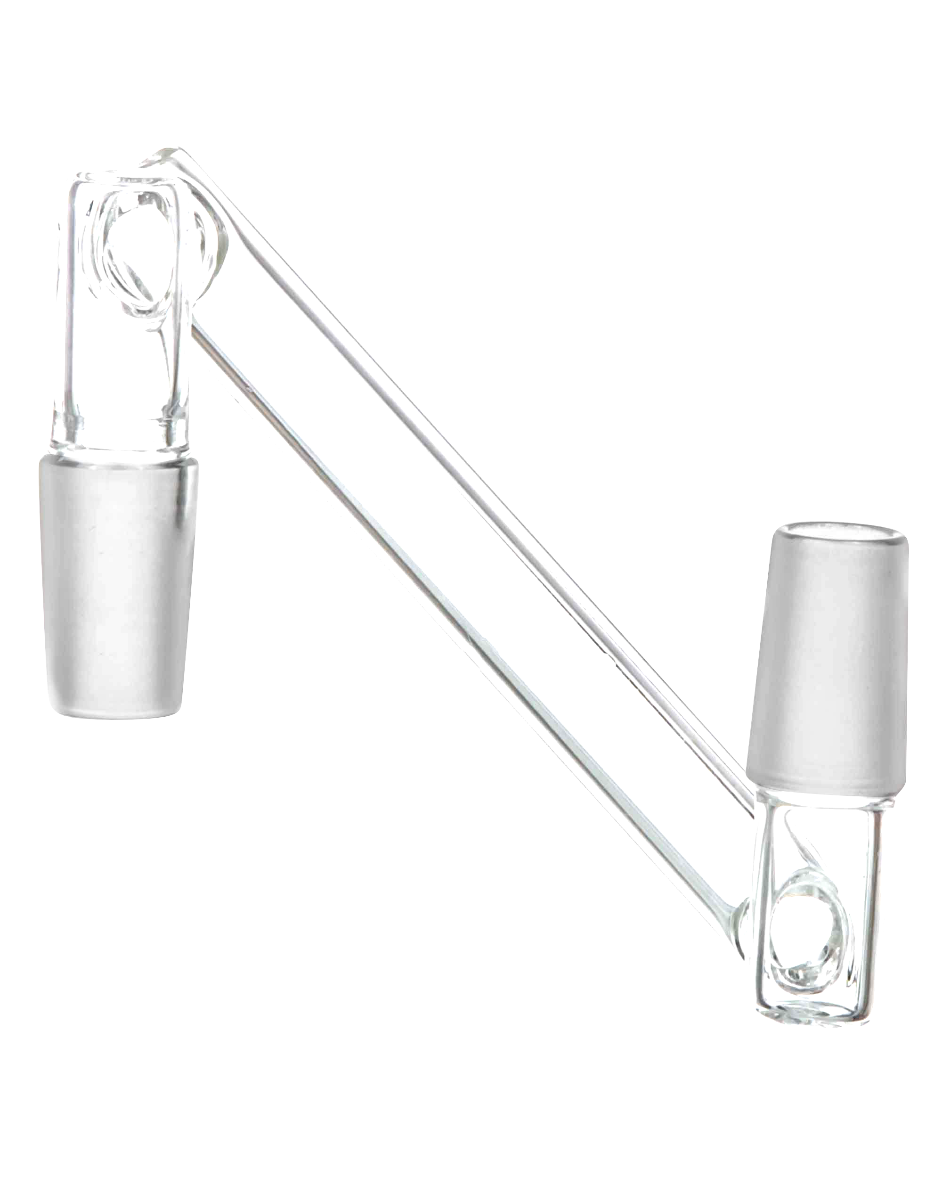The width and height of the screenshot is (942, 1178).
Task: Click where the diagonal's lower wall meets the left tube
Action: click(x=196, y=328)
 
